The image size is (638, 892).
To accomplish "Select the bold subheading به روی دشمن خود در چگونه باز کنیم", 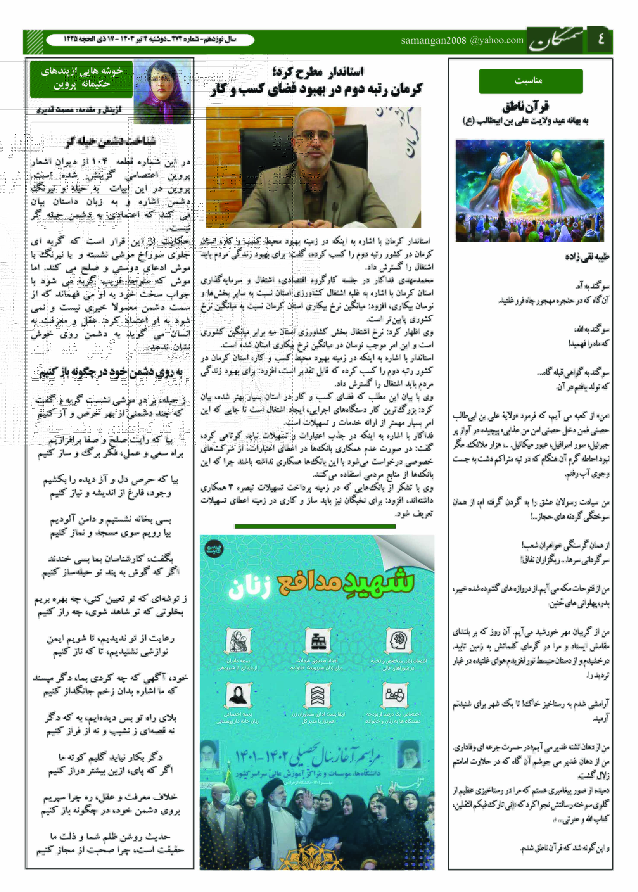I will click(111, 371).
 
